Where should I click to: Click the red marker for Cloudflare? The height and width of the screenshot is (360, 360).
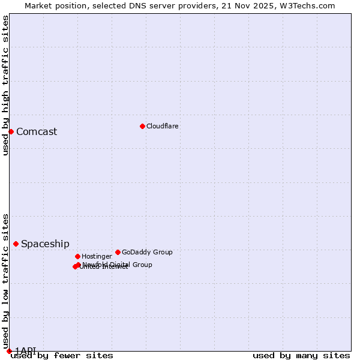click(142, 126)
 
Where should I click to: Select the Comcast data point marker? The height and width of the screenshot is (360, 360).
click(11, 131)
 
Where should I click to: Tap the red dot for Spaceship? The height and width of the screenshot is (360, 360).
click(16, 244)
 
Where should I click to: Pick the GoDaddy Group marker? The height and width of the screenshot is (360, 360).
click(118, 252)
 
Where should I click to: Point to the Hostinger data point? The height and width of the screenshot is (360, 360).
click(77, 256)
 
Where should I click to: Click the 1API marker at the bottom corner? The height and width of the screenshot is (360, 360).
click(9, 350)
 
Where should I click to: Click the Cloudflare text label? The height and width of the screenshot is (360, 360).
click(163, 126)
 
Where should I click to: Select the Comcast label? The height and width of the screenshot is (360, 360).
click(37, 132)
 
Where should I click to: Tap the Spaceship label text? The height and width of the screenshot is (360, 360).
click(45, 244)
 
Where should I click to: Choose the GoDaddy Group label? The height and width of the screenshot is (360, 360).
click(147, 252)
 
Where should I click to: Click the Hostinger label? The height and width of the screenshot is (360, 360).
click(97, 256)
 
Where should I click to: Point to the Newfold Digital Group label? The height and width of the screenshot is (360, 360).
click(118, 264)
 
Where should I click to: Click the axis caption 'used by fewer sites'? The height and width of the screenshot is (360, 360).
click(62, 355)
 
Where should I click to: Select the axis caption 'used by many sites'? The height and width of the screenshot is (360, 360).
click(301, 355)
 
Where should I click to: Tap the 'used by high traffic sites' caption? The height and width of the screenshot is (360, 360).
click(5, 85)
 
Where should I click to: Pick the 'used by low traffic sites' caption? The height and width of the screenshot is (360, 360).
click(5, 281)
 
